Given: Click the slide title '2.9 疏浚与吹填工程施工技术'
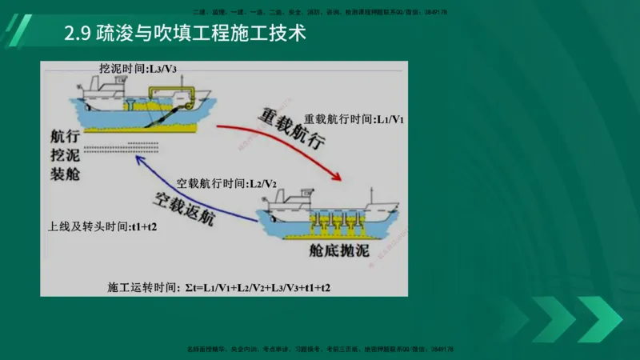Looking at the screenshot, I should coord(185,36).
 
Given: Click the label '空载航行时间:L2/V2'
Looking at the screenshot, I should coord(226,183).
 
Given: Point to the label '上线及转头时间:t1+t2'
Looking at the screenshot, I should coord(102,226).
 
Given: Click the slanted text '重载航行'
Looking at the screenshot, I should coord(291,128).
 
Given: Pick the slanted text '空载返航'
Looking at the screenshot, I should coord(183,206).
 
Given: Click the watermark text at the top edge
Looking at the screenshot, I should coord(320,12).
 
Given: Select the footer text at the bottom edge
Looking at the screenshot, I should coord(320,350).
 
